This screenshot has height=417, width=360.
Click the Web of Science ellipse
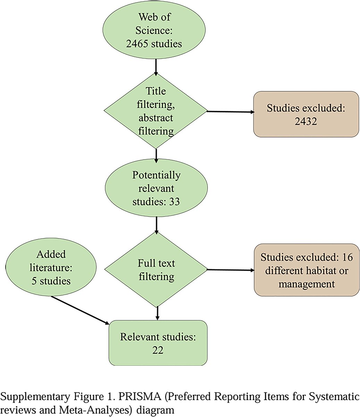coord(154,30)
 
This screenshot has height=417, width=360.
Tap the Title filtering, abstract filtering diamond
coord(156,111)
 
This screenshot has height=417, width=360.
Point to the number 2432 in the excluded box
coord(306,121)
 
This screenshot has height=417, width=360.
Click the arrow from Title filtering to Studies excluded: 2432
coord(231,112)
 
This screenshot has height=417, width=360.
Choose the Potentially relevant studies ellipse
coord(156,188)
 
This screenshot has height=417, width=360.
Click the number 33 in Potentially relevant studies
coord(174,202)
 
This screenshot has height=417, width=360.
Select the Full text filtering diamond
coord(156,270)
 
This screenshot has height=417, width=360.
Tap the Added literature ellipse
coord(51,267)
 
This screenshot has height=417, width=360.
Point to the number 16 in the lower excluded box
coord(348,257)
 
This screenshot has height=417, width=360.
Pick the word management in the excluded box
coord(307,284)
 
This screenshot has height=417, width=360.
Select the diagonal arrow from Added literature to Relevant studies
coord(80,310)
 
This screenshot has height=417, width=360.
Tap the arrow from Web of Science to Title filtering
coord(156,67)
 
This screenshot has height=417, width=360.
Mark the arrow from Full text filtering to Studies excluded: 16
coord(231,270)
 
